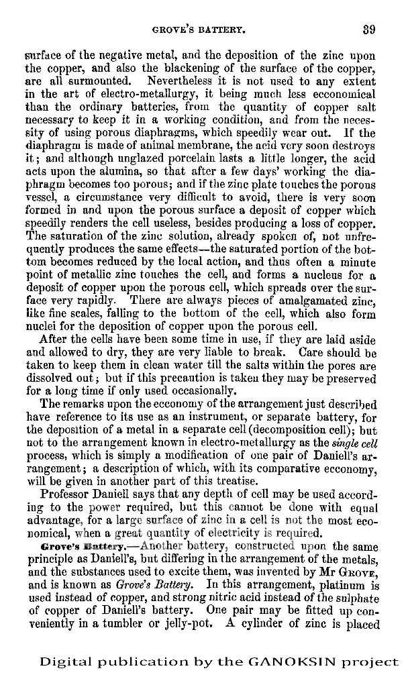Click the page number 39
pyautogui.click(x=368, y=29)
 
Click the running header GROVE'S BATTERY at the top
pyautogui.click(x=194, y=30)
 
